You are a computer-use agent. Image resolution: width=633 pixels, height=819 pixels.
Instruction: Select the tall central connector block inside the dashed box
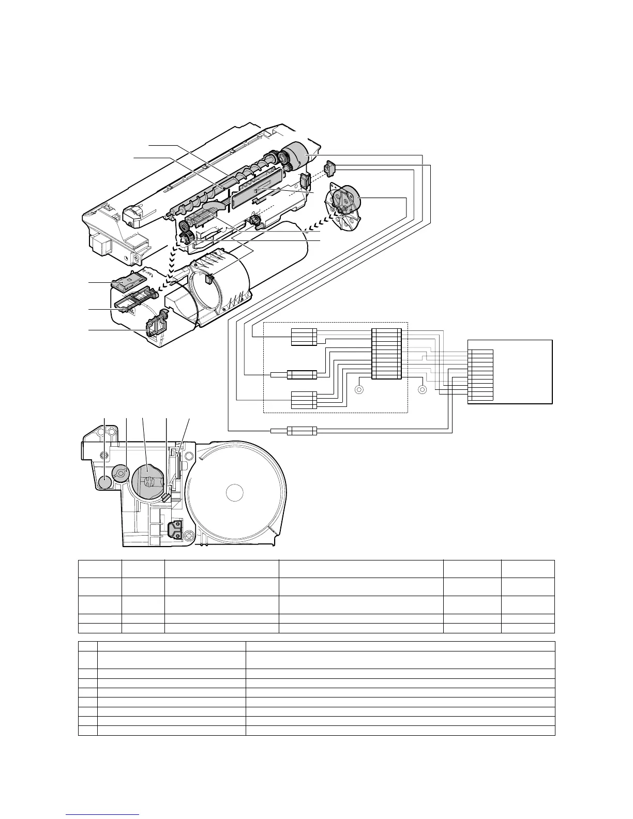[386, 353]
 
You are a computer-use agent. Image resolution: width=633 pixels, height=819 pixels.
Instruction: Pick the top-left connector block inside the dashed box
[304, 337]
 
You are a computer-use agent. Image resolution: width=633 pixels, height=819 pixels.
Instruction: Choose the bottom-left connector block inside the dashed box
[304, 401]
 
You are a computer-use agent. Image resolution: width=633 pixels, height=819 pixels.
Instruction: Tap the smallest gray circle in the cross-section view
[105, 482]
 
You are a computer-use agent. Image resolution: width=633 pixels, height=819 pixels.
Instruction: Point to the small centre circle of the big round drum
[235, 493]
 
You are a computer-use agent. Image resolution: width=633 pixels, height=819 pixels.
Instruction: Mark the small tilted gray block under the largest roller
[166, 497]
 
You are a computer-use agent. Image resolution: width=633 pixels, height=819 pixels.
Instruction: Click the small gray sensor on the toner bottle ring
[209, 279]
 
